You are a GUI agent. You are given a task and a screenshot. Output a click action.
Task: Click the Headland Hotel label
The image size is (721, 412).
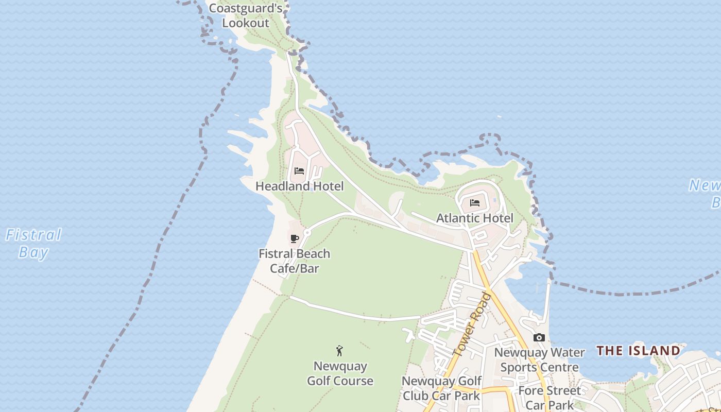coord(299,186)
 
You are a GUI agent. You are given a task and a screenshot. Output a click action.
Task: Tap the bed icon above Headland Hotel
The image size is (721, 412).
coord(299,171)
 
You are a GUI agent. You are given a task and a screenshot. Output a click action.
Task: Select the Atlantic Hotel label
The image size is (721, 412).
coord(475,218)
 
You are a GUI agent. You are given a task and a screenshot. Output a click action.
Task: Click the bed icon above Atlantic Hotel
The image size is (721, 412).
coord(475,203)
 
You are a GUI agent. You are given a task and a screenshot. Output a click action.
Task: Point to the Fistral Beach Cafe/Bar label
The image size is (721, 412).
coord(294,261)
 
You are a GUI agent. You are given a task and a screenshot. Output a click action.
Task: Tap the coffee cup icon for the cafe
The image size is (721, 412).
coord(295,238)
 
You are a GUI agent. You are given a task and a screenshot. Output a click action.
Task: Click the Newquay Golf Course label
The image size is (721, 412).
coord(340,373)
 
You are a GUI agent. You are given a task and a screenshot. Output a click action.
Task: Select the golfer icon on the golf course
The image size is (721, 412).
coord(339,351)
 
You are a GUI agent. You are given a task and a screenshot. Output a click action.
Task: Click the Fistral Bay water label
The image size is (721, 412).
coord(33,244)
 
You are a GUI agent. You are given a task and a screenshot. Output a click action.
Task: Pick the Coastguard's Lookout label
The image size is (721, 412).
coord(246,15)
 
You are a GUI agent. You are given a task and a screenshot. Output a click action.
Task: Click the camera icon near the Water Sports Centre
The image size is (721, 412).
coord(539,338)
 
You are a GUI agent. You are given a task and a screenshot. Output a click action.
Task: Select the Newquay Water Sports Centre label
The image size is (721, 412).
coord(539,360)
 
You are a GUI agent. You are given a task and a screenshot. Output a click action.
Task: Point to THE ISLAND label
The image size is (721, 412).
coord(638,351)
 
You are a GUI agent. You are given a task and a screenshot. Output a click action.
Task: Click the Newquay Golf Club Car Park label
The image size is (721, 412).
coord(441,388)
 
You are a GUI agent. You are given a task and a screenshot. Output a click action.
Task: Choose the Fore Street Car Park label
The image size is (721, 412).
coord(550,398)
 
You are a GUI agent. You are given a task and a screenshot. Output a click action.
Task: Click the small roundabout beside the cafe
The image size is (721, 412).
coord(307,233)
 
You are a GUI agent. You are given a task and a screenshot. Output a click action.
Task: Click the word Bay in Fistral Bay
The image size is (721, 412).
coord(33,252)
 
